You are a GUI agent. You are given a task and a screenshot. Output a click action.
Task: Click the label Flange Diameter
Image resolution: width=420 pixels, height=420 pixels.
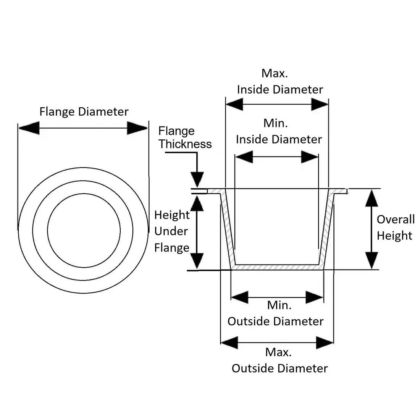(x=84, y=112)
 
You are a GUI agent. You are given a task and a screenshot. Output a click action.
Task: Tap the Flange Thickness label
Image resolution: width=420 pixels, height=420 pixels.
(x=185, y=137)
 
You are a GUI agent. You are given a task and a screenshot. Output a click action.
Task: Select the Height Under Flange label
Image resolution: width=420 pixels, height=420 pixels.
(x=172, y=231)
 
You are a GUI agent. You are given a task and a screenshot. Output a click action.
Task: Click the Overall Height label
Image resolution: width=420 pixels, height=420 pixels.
(x=395, y=228)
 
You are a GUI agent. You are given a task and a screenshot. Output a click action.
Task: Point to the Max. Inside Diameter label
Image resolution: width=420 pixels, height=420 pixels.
(x=280, y=81)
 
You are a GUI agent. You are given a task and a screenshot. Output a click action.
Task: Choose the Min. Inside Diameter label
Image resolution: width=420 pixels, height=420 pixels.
(x=279, y=131)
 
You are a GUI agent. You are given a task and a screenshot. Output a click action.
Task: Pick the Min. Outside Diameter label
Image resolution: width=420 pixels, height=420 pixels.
(x=276, y=313)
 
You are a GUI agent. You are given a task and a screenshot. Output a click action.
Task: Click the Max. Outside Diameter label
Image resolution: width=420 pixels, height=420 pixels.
(x=279, y=360)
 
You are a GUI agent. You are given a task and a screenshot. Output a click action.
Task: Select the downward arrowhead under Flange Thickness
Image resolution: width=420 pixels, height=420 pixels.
(x=197, y=179)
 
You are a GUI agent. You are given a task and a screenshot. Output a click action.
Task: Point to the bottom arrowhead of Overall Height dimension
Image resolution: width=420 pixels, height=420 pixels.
(x=372, y=261)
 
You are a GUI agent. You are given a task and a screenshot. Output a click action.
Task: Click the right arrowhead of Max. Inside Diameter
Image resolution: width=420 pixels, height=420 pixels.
(x=320, y=104)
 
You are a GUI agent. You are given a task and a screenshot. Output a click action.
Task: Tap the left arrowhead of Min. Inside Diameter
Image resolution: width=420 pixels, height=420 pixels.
(x=244, y=157)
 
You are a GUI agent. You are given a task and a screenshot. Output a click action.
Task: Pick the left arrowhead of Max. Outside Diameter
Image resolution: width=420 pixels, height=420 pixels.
(x=229, y=342)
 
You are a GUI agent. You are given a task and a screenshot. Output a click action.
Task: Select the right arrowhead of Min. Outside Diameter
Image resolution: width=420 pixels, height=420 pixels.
(x=315, y=297)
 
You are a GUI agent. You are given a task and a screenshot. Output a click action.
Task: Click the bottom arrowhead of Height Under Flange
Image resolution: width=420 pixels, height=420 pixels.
(x=197, y=261)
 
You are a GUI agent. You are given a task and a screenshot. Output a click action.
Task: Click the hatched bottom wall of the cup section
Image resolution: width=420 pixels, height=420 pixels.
(x=277, y=268)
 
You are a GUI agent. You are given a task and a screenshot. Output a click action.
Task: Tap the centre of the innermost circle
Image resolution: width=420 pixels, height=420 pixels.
(x=84, y=230)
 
